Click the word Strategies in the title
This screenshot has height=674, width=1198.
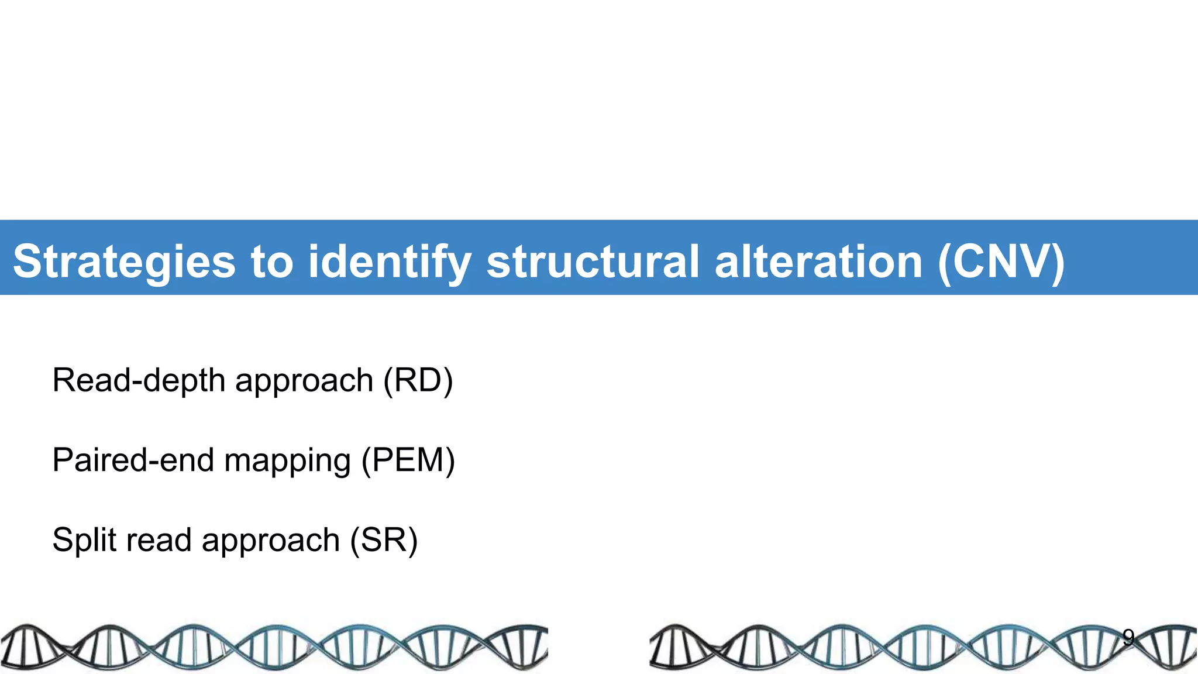[x=124, y=262]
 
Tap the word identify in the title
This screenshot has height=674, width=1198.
[x=390, y=262]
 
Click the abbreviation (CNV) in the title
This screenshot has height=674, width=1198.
[x=1001, y=262]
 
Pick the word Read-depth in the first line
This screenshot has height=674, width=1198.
[x=139, y=380]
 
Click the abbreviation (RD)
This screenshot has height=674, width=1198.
[x=418, y=380]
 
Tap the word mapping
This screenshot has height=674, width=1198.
[x=287, y=461]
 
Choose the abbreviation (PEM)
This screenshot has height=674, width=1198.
[x=408, y=460]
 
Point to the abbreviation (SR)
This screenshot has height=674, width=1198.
[x=384, y=539]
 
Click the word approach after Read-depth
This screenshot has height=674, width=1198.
[x=304, y=381]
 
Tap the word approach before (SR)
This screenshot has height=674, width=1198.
[x=271, y=541]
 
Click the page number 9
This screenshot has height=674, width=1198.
[x=1128, y=637]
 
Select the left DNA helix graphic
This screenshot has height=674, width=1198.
[x=274, y=647]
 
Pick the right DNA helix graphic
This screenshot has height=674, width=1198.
[x=923, y=647]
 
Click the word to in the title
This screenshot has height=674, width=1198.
[x=271, y=262]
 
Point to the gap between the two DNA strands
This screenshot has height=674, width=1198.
[x=598, y=647]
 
